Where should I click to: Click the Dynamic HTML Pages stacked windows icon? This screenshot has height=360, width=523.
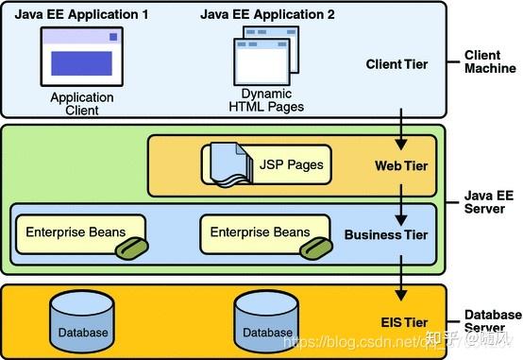[265, 57]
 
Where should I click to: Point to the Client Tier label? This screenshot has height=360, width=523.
[396, 64]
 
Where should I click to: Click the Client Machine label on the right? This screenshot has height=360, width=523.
[489, 62]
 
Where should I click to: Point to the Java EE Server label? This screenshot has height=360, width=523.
[489, 200]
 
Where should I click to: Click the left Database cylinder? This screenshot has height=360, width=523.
[83, 319]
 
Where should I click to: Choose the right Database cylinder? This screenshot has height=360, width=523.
[266, 319]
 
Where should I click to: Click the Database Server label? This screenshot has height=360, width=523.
[491, 321]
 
